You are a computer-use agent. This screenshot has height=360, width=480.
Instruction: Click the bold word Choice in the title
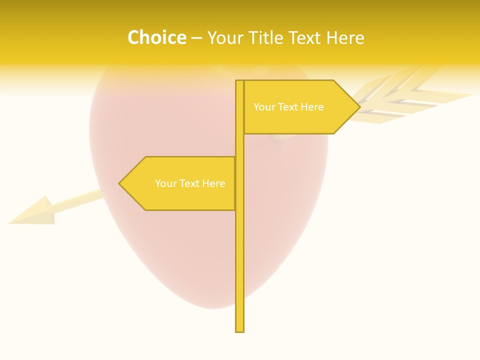[x=156, y=37]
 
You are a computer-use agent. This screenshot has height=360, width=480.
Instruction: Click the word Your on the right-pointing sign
[x=263, y=107]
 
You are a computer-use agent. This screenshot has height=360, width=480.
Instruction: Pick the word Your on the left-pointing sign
[x=165, y=183]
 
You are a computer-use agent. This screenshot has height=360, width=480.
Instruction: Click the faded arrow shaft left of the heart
[x=80, y=199]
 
